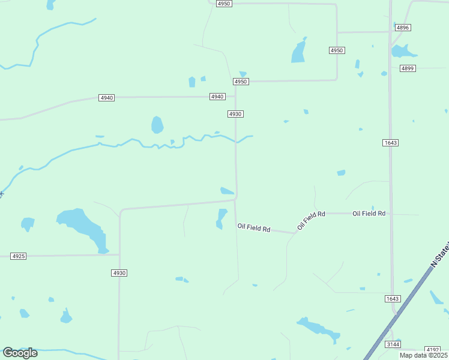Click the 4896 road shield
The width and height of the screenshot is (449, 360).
403,28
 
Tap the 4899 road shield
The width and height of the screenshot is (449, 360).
408,68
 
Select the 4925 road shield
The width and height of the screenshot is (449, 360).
19,256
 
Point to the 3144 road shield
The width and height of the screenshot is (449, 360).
393,344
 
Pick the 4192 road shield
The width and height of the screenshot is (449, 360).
432,349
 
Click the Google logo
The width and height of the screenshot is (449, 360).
20,352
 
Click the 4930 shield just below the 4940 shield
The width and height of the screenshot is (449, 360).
235,114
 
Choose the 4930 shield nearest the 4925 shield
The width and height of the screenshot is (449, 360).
119,273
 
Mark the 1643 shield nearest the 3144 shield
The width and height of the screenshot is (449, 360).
392,299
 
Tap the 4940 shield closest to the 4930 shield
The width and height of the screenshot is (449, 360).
217,97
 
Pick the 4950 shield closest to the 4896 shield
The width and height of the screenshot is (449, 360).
337,50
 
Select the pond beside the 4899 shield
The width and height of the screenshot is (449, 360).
403,51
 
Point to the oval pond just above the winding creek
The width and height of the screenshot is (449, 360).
157,125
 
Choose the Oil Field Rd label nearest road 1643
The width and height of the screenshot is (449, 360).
369,214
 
